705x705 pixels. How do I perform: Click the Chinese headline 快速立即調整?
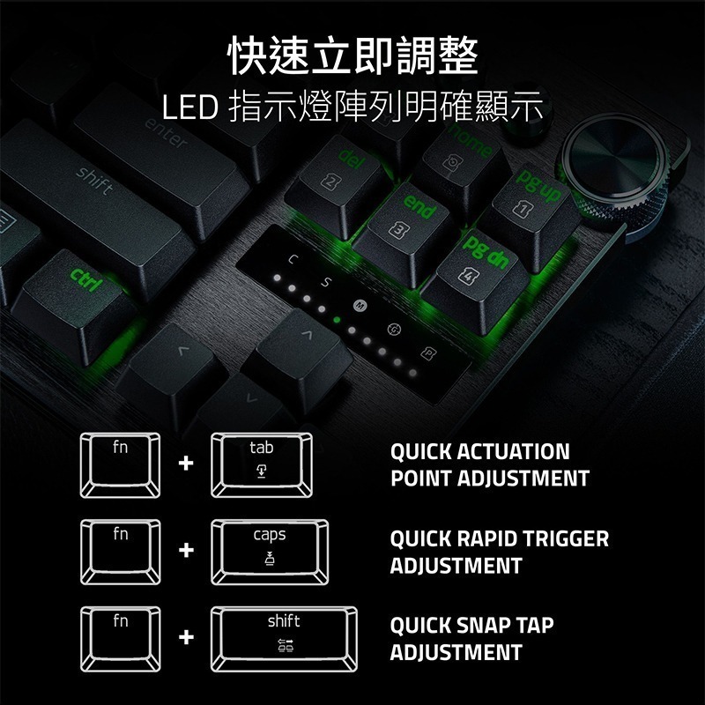coord(352,55)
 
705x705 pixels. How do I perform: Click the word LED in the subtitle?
coord(190,108)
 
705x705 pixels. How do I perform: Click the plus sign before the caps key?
coord(185,551)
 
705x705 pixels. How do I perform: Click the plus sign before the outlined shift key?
coord(185,636)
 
